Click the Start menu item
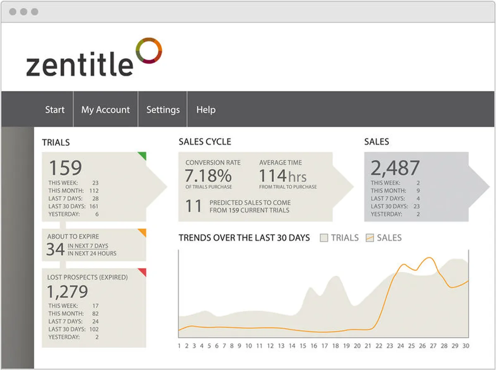pos(55,110)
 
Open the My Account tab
pos(105,110)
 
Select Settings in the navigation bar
pos(163,110)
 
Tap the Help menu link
pos(206,110)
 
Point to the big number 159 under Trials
pos(65,168)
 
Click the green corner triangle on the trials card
pos(143,156)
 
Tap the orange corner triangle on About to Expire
pos(143,232)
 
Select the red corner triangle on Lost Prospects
pos(143,272)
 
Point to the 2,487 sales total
pos(395,168)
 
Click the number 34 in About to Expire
pos(55,249)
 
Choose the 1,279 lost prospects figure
pos(67,292)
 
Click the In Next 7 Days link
pos(88,246)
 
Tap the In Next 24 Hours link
pos(92,254)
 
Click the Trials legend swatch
pos(324,238)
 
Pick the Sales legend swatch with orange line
pos(370,238)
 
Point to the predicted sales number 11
pos(193,206)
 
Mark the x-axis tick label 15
pos(303,346)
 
